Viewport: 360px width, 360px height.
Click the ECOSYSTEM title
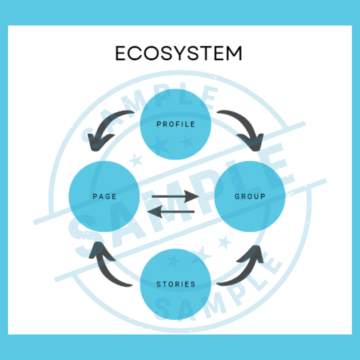click(178, 53)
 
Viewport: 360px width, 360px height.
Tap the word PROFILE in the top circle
click(176, 124)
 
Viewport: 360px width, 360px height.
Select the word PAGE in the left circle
click(105, 197)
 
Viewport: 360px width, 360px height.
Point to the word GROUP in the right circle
click(250, 197)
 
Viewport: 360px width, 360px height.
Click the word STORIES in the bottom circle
click(176, 284)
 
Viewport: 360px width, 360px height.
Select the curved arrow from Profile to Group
click(247, 124)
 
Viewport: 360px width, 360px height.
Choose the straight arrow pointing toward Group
click(175, 197)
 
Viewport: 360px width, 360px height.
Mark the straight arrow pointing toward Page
click(171, 211)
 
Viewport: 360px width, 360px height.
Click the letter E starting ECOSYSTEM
click(120, 53)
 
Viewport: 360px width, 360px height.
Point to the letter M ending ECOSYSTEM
click(234, 53)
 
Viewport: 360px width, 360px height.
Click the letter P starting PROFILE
click(159, 124)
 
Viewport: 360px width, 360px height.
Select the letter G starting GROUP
click(237, 197)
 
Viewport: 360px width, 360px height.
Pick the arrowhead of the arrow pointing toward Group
click(192, 197)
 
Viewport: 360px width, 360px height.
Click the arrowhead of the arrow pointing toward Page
click(155, 211)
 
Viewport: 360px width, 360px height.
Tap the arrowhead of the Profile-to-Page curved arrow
click(97, 142)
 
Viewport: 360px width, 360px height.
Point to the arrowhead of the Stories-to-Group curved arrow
click(253, 254)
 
